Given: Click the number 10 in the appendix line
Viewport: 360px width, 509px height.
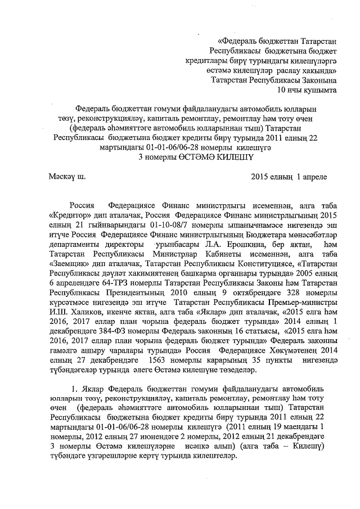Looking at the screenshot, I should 283,89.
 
